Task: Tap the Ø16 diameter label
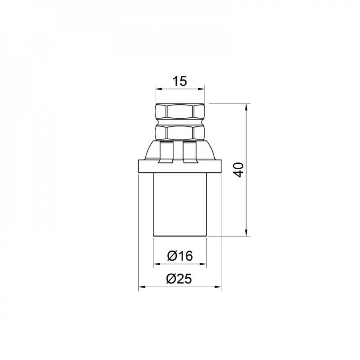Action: point(180,256)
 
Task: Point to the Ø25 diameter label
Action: point(180,279)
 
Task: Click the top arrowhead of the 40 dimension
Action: point(246,107)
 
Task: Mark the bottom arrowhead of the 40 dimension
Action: point(246,233)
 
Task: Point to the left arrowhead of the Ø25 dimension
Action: point(141,287)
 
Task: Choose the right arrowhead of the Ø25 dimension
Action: point(218,287)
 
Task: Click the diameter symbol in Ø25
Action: point(172,279)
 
